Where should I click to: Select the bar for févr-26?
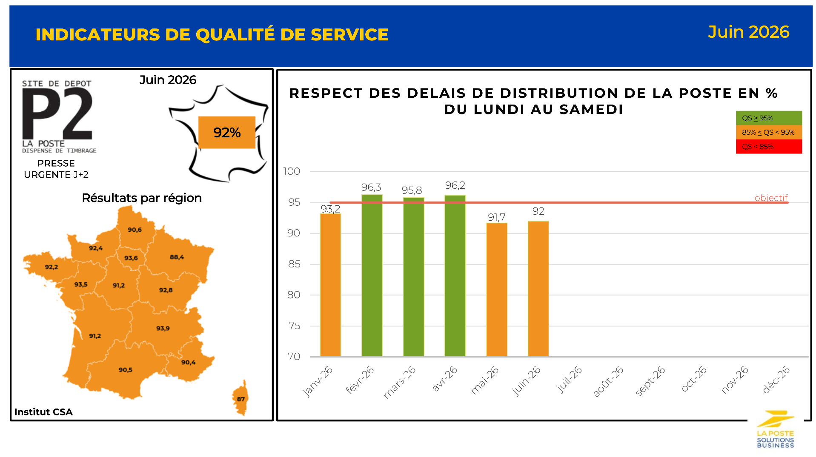[372, 275]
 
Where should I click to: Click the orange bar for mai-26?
[496, 290]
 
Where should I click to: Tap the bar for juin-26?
[538, 289]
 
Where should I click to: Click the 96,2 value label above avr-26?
[455, 185]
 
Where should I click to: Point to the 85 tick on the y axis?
[294, 264]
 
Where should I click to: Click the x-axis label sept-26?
[650, 381]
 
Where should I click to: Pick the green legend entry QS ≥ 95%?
[769, 118]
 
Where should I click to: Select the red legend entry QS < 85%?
[769, 147]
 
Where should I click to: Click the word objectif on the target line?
[771, 198]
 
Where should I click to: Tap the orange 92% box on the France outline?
[227, 133]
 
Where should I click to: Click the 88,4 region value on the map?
[177, 257]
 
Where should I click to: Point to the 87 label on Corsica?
[241, 399]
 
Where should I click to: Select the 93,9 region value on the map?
[163, 328]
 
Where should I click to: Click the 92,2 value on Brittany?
[52, 267]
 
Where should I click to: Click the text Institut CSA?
[43, 412]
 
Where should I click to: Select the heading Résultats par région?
[142, 198]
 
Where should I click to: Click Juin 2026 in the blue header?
[748, 32]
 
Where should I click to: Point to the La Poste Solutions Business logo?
[775, 429]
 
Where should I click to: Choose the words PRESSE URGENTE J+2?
[56, 169]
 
